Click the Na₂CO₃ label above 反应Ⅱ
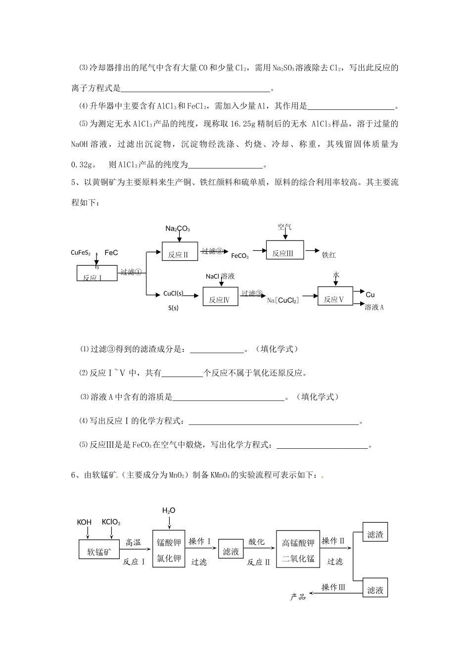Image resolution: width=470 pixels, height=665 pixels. click(178, 229)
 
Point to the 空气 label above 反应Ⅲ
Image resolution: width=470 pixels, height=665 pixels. click(284, 227)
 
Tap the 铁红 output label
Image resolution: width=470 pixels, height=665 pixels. click(329, 255)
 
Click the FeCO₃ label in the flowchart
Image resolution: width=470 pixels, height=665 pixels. click(240, 256)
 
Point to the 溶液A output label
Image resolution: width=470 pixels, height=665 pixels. click(375, 307)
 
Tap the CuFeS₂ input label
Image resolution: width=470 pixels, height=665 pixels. click(81, 253)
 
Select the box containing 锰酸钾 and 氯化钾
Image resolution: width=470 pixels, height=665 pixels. click(169, 550)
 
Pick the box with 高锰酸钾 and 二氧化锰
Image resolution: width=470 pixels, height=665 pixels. click(298, 550)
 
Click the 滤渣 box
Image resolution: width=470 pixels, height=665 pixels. click(376, 534)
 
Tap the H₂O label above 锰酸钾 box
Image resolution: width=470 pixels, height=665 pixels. click(169, 510)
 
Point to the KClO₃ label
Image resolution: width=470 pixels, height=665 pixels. click(111, 522)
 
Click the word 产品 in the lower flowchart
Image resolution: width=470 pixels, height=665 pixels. click(298, 597)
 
